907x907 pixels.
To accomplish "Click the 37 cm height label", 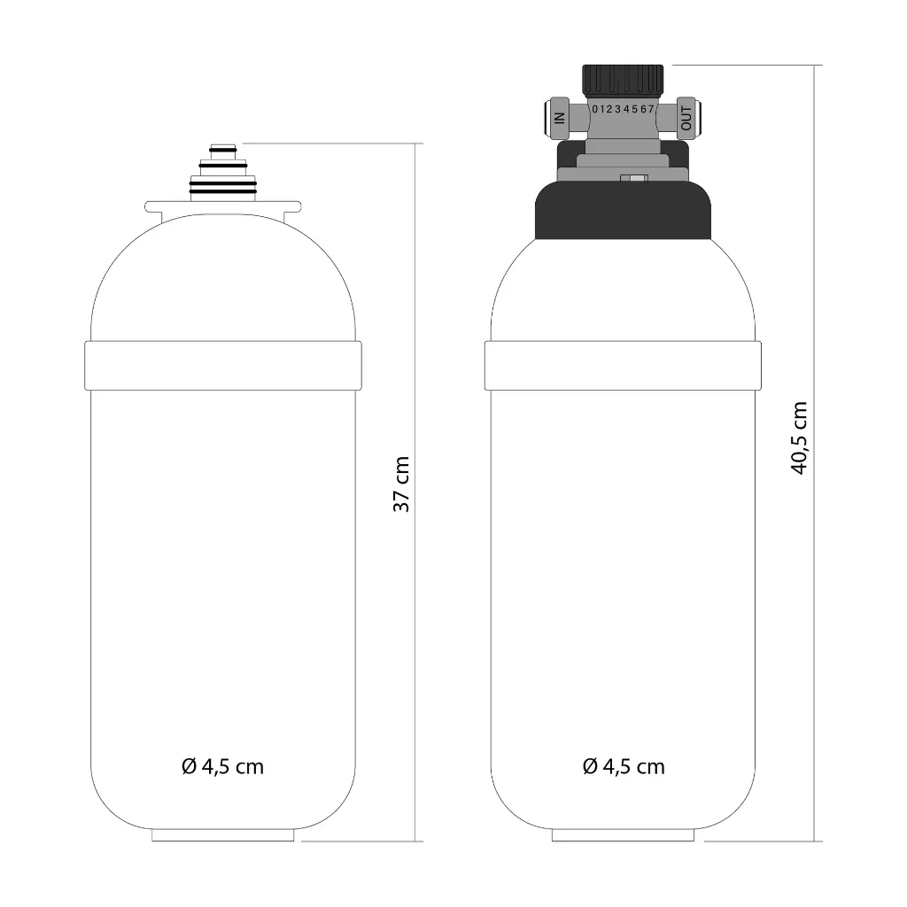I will click(x=401, y=485).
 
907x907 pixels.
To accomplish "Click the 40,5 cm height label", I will click(x=800, y=438).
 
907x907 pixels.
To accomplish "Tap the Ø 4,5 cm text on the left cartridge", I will click(x=222, y=766).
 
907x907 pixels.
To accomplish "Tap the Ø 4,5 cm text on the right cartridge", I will click(x=624, y=766).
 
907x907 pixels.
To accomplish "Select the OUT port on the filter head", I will click(x=686, y=115).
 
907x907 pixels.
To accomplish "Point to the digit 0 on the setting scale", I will click(x=595, y=109).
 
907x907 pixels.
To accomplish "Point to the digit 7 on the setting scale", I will click(x=651, y=109).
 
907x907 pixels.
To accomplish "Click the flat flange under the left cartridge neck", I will click(x=223, y=206).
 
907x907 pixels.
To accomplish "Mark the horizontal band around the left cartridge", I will click(x=222, y=365).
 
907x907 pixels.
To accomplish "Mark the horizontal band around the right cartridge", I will click(x=623, y=365).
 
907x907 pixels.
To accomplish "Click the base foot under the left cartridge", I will click(x=222, y=834).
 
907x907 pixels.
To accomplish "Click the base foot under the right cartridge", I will click(x=623, y=834).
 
